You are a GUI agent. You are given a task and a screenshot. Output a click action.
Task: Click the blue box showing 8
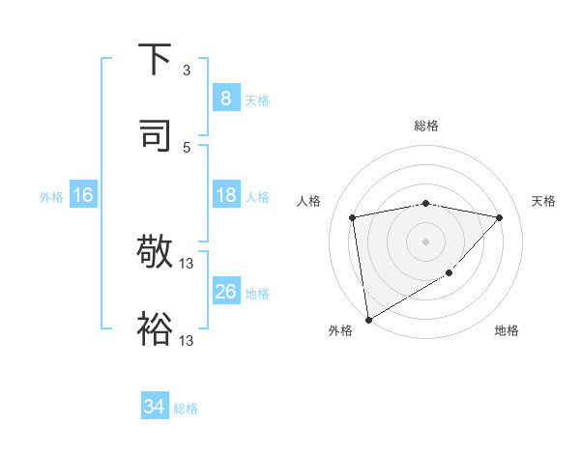225,98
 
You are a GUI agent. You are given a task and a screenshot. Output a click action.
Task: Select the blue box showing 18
225,195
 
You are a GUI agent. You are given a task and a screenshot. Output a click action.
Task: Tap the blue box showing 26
225,292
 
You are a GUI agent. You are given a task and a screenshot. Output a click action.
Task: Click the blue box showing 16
83,195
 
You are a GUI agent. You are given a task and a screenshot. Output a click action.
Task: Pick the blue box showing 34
155,407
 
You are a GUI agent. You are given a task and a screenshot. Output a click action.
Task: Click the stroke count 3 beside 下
187,71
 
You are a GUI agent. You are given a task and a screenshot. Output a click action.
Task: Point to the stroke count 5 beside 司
187,148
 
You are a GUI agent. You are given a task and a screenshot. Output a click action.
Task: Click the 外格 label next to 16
51,196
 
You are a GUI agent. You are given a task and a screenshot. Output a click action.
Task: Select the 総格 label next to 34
186,409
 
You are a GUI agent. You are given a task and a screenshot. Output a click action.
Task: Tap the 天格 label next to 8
256,99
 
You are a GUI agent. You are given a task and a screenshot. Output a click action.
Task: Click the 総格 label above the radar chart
426,126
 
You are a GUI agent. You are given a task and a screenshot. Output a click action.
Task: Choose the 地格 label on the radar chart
507,330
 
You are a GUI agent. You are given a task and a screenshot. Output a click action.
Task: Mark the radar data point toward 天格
500,217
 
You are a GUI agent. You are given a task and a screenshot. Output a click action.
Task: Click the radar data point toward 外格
368,319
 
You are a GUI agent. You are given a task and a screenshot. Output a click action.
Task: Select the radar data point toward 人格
353,217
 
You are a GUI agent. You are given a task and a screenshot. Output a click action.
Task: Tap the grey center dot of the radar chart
426,241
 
